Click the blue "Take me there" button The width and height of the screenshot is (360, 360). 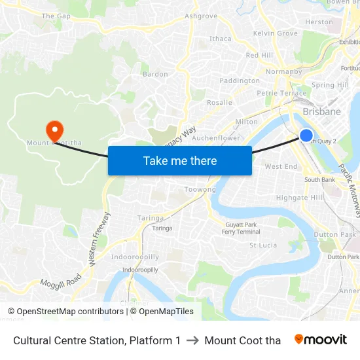click(180, 160)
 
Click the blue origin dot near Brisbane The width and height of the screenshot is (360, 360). click(306, 135)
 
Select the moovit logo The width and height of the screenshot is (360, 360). click(321, 340)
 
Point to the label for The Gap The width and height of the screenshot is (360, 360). click(56, 16)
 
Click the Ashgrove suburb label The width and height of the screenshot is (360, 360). click(201, 16)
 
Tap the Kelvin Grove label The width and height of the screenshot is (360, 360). click(275, 33)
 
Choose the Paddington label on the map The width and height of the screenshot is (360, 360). click(240, 81)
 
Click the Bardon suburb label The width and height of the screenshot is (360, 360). click(155, 74)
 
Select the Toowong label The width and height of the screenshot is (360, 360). click(200, 189)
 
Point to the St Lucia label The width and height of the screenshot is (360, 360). click(263, 245)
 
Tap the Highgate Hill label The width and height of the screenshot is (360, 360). click(300, 198)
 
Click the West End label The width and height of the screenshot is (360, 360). click(281, 167)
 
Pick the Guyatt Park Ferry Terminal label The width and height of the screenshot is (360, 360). click(239, 228)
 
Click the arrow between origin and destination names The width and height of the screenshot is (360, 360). click(192, 340)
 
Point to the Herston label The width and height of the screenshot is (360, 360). click(319, 22)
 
